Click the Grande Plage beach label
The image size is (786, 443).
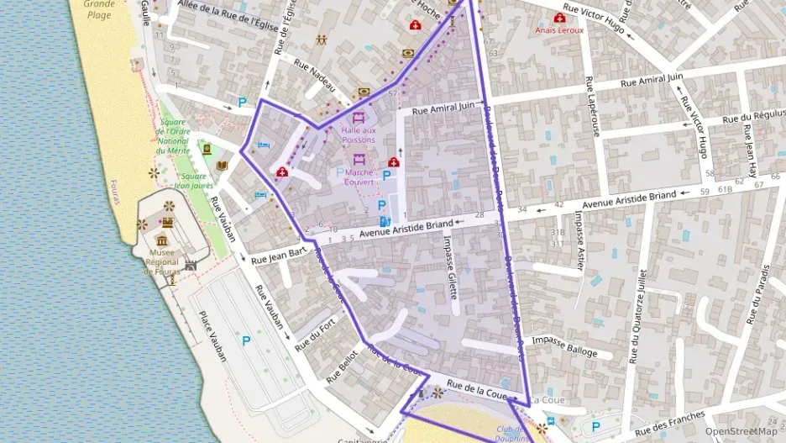tap(99, 9)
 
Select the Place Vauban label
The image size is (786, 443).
tap(212, 336)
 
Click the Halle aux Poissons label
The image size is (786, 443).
tap(359, 134)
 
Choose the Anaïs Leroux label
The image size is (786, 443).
tap(559, 30)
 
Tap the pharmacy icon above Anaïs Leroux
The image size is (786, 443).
tap(559, 18)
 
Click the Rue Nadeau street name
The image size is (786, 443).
tap(319, 76)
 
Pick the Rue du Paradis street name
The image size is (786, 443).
tap(757, 295)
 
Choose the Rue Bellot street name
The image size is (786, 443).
tap(342, 367)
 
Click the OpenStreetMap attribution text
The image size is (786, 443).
tap(741, 431)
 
